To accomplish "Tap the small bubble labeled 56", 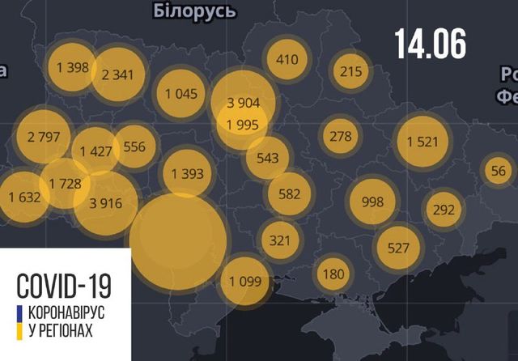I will pyautogui.click(x=499, y=170).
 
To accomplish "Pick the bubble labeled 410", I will pyautogui.click(x=287, y=59).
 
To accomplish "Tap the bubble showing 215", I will pyautogui.click(x=350, y=71).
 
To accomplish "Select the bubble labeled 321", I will pyautogui.click(x=279, y=240).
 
